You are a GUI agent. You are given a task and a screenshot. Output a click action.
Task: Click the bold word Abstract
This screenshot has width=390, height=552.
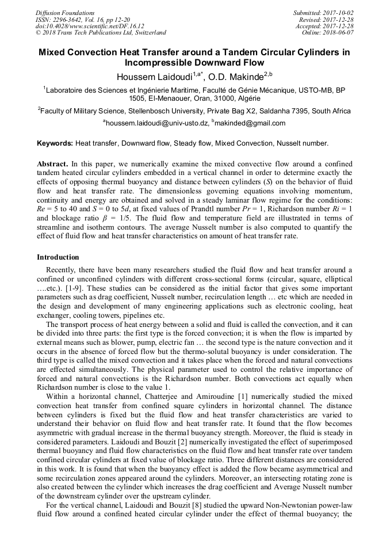[52, 163]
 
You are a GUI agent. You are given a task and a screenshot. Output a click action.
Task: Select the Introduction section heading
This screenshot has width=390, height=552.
[58, 257]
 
